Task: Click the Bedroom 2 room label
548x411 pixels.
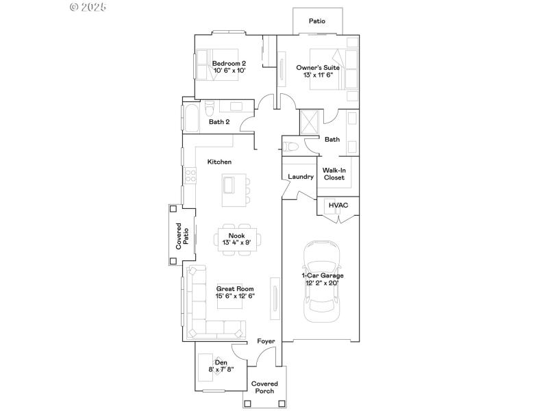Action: pyautogui.click(x=229, y=64)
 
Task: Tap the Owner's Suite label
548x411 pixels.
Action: pyautogui.click(x=317, y=68)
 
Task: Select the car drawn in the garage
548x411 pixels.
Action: pyautogui.click(x=323, y=281)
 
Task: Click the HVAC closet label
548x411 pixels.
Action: pyautogui.click(x=338, y=205)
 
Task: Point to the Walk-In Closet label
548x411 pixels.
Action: pyautogui.click(x=334, y=173)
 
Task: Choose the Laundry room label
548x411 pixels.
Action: pyautogui.click(x=301, y=177)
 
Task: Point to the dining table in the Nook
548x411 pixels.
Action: pyautogui.click(x=237, y=238)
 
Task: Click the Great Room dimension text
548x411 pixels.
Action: pyautogui.click(x=236, y=296)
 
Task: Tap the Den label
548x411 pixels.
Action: pyautogui.click(x=221, y=362)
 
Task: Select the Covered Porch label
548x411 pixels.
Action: pyautogui.click(x=264, y=387)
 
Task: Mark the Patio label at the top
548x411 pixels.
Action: pyautogui.click(x=316, y=21)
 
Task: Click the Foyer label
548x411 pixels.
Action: pyautogui.click(x=265, y=340)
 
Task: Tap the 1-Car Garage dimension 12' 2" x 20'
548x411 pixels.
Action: pyautogui.click(x=323, y=282)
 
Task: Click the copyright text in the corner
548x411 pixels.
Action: pyautogui.click(x=88, y=8)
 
